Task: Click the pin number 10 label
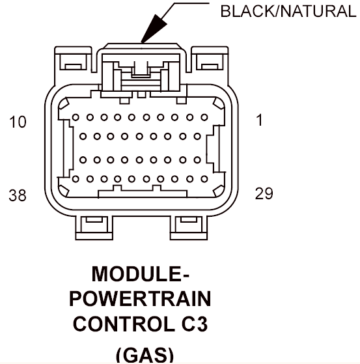click(x=18, y=122)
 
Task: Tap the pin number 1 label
click(x=259, y=120)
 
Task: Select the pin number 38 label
click(x=18, y=195)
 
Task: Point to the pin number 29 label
click(x=264, y=193)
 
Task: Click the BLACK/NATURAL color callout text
click(x=288, y=11)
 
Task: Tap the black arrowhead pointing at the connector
click(x=154, y=29)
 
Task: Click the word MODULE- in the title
click(x=141, y=274)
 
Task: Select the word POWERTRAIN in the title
click(x=140, y=299)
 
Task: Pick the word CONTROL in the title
click(x=124, y=324)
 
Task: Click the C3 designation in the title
click(x=194, y=324)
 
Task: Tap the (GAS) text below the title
click(x=145, y=355)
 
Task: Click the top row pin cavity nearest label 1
click(x=204, y=117)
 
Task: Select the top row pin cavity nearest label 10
click(x=76, y=117)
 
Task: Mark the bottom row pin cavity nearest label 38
click(x=76, y=179)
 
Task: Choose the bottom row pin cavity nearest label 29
click(x=204, y=179)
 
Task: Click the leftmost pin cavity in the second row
click(x=83, y=136)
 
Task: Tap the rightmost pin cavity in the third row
click(x=197, y=160)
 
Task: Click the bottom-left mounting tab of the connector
click(x=94, y=228)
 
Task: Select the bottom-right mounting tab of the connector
click(x=189, y=228)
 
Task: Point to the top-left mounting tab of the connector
click(x=73, y=59)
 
